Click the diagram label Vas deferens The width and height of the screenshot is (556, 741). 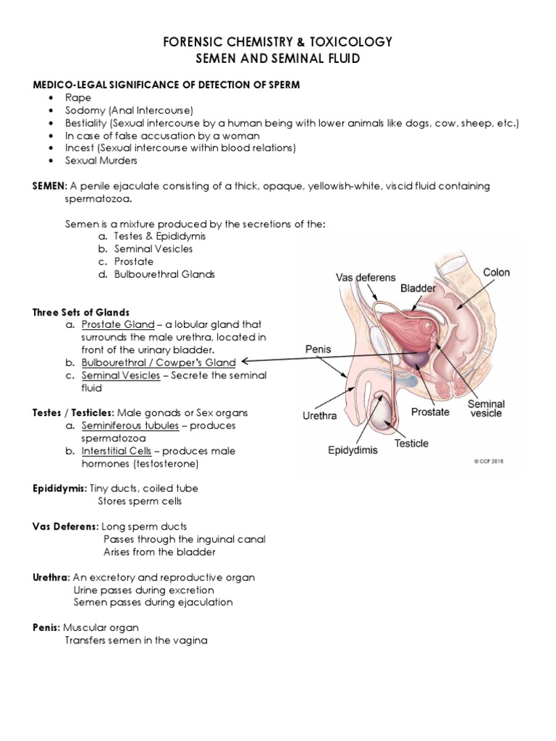(x=366, y=278)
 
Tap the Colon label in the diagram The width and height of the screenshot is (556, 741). (x=496, y=273)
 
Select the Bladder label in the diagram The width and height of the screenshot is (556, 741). (x=418, y=288)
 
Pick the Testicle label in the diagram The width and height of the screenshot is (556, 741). (x=411, y=443)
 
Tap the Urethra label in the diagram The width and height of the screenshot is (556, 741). (x=319, y=416)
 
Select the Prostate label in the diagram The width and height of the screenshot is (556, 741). (x=430, y=412)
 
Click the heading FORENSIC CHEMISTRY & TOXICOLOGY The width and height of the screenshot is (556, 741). (x=278, y=42)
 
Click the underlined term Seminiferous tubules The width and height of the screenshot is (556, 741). (x=130, y=425)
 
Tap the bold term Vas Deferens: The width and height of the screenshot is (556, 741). (x=66, y=526)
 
